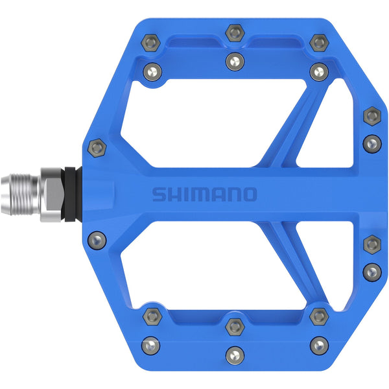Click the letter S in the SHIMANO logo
159,194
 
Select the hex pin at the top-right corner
318,43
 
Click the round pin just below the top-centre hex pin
234,62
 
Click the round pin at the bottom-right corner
318,344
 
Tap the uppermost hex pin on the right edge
371,115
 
